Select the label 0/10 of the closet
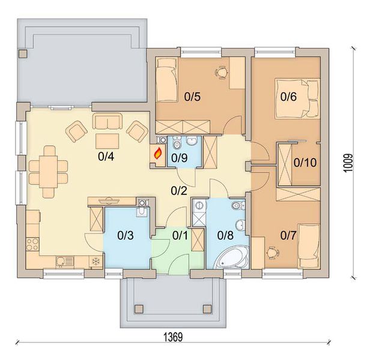(x=305, y=162)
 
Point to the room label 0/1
(x=180, y=235)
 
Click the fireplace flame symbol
(x=158, y=154)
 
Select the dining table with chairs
(x=50, y=170)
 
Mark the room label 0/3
(x=126, y=235)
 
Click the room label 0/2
(x=178, y=191)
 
